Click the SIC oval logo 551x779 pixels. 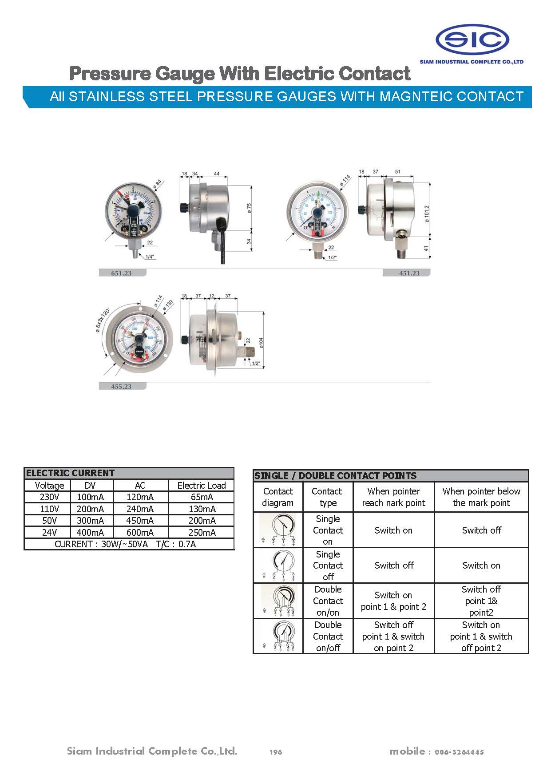(472, 40)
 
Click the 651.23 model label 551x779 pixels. (121, 273)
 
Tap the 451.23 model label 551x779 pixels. (409, 273)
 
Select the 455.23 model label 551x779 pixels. (121, 387)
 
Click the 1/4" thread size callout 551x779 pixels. (150, 257)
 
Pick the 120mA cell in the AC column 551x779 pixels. (140, 497)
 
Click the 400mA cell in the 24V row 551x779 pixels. (91, 532)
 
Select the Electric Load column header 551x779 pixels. (202, 485)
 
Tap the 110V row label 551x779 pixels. (49, 509)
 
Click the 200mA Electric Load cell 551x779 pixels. (202, 521)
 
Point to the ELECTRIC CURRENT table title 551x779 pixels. (71, 473)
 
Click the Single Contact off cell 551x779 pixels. (328, 565)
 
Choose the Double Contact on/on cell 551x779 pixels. (328, 601)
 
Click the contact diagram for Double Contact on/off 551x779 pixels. (278, 636)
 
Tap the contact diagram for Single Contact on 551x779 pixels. (278, 530)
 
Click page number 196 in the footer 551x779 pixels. (276, 752)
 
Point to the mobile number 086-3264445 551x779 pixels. (459, 752)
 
